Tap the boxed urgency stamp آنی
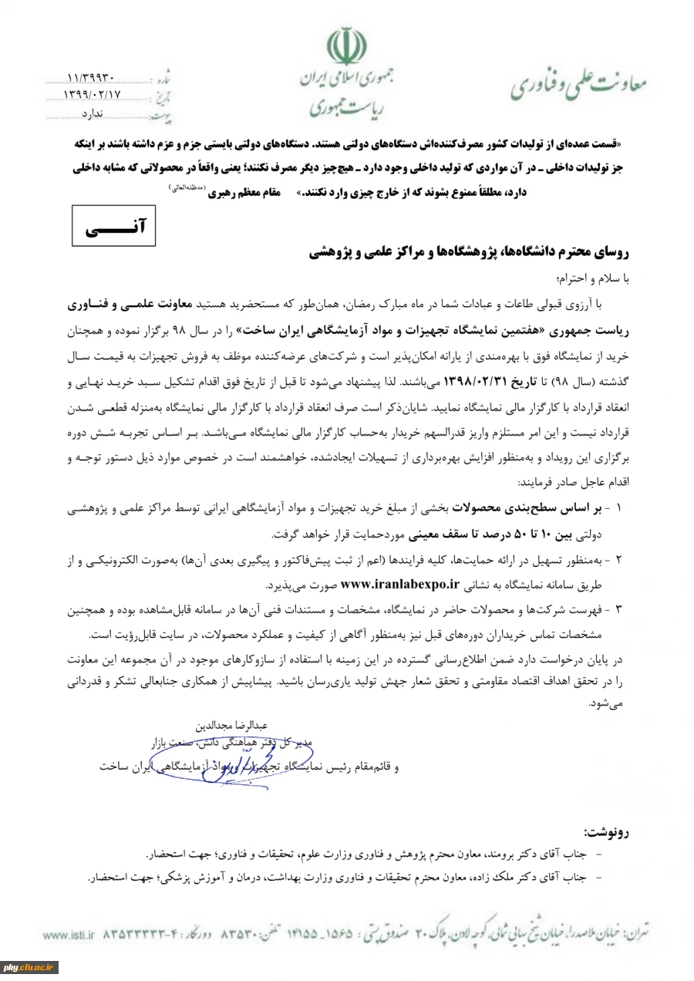(113, 225)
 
